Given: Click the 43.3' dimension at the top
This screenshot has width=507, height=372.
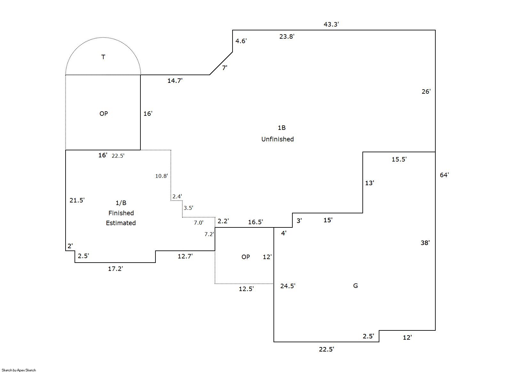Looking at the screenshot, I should (x=331, y=24).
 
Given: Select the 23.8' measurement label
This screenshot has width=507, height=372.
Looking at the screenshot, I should (x=287, y=36).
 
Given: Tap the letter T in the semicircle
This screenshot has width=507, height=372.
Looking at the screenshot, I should (x=103, y=57).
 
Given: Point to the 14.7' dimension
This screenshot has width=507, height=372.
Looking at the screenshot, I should (x=175, y=81).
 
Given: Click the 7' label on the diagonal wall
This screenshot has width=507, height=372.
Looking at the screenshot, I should (x=225, y=68).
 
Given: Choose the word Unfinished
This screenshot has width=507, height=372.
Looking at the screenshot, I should (x=277, y=139).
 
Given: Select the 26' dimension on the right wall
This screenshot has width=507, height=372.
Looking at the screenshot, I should (x=426, y=91).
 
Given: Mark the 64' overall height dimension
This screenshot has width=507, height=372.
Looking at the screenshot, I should (x=444, y=175).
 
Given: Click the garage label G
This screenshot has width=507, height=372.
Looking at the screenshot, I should (x=355, y=286).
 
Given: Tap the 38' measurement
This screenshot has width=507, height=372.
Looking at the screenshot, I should (x=425, y=243).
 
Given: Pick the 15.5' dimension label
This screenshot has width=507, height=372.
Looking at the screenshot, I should (x=399, y=159).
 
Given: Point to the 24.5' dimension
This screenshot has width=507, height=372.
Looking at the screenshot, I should (x=288, y=286).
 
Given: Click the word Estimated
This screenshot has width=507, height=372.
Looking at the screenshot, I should (x=121, y=223).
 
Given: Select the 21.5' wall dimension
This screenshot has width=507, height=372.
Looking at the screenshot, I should (x=77, y=200).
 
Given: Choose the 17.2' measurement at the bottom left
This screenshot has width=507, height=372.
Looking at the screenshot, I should (x=115, y=269).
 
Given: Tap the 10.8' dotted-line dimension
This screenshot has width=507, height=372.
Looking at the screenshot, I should (x=162, y=176).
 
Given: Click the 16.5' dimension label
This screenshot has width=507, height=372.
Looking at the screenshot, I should (x=255, y=222).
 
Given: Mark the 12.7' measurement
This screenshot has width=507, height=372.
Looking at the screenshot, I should (x=185, y=256).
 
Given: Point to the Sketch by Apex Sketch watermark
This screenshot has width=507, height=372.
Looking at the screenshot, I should (x=19, y=370).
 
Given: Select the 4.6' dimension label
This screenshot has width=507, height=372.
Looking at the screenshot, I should (x=241, y=41).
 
